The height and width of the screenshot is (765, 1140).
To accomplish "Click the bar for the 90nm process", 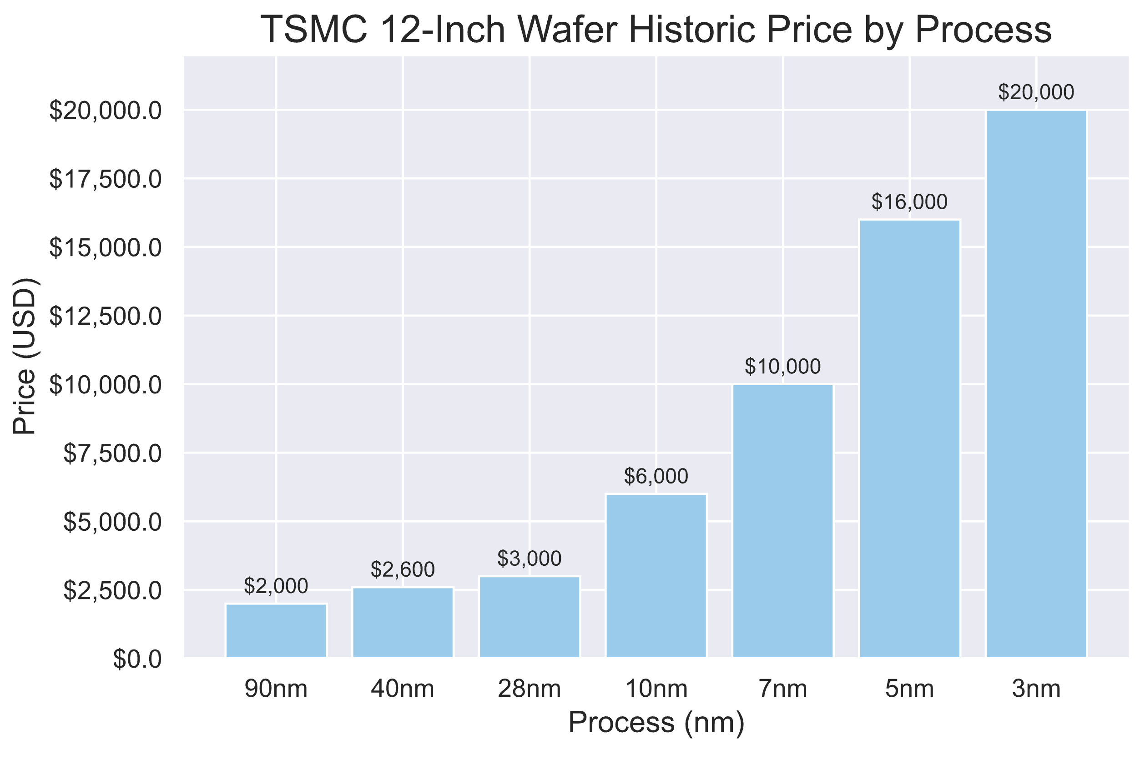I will (x=276, y=631).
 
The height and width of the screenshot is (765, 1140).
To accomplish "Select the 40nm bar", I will (x=403, y=623).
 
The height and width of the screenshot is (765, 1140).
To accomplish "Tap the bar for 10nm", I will (x=656, y=576).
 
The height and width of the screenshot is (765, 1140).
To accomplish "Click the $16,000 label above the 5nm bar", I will (x=909, y=202).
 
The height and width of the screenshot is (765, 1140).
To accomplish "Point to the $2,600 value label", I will (x=403, y=569).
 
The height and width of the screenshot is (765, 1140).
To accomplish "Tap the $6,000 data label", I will (x=656, y=476).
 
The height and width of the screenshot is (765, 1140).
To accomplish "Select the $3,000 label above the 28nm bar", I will (x=529, y=558).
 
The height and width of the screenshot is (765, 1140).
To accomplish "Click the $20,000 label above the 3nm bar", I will (x=1036, y=92).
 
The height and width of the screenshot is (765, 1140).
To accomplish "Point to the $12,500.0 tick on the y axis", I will (x=105, y=317).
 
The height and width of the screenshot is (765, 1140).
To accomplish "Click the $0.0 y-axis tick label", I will (x=137, y=659).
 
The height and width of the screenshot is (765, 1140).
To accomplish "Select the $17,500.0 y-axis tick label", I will (x=105, y=180).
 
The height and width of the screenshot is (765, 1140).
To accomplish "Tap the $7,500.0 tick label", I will (x=112, y=454).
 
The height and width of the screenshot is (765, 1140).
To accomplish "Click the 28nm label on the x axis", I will (x=529, y=690).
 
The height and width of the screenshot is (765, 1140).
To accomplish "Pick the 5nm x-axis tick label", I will (x=909, y=690).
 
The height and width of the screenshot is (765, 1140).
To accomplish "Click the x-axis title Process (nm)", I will (x=656, y=723).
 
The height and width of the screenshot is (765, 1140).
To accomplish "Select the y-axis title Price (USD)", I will (x=25, y=356).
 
